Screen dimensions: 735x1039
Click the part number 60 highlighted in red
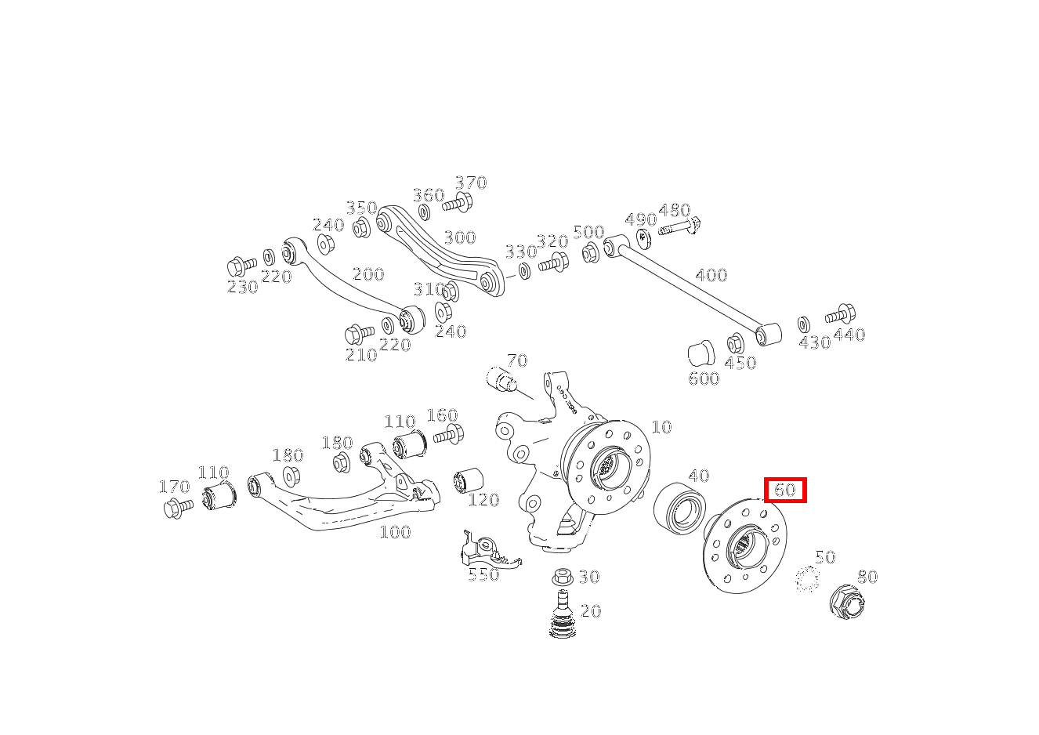click(x=785, y=491)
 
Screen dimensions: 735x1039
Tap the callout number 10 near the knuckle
click(x=661, y=427)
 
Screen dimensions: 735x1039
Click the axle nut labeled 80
click(x=846, y=604)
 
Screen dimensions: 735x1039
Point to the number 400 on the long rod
click(x=711, y=275)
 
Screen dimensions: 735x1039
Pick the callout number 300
click(x=459, y=237)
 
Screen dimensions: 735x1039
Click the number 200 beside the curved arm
click(x=367, y=274)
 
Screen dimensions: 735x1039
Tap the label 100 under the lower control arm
click(x=395, y=532)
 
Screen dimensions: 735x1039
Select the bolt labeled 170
click(x=178, y=508)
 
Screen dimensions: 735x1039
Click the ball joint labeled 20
click(x=561, y=616)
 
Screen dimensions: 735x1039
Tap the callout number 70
click(x=516, y=361)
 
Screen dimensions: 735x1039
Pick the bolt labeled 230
click(x=241, y=266)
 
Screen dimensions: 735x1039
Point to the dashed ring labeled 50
click(x=806, y=580)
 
